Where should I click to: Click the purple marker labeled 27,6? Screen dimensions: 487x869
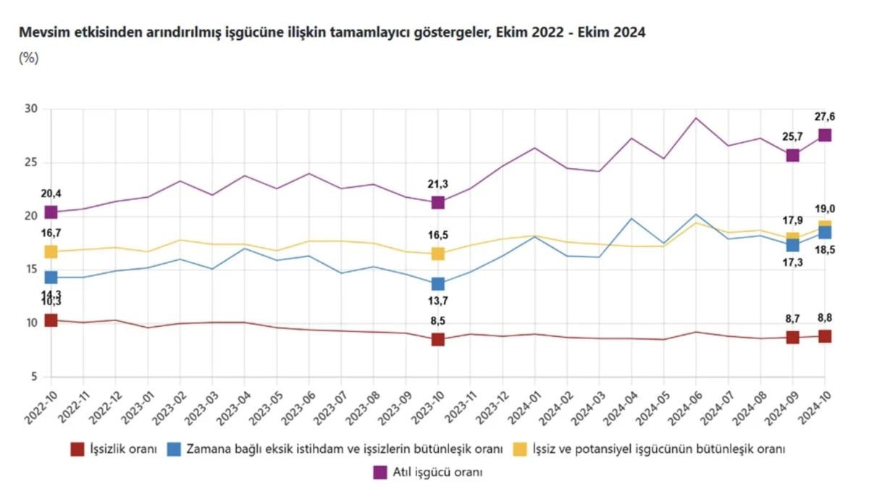(825, 136)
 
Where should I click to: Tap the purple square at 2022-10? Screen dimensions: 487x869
(51, 212)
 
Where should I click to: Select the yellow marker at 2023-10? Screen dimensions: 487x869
(438, 254)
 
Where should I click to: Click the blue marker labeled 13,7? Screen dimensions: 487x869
(438, 283)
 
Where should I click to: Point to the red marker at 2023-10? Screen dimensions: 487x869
(438, 339)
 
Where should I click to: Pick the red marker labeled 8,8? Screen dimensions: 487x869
(825, 336)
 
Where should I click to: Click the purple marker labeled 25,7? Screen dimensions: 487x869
(793, 155)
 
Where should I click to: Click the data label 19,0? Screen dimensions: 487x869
(824, 209)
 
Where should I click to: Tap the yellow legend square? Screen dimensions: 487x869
(521, 449)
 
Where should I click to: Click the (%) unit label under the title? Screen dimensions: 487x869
(28, 59)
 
